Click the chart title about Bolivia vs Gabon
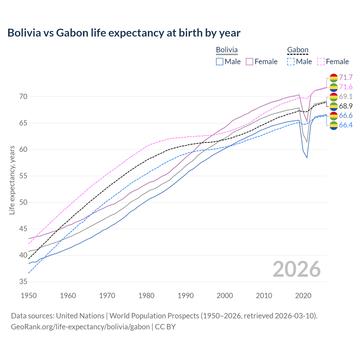124,33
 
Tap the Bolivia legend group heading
227,50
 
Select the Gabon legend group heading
298,50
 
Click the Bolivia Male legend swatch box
220,62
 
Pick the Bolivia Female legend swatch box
249,62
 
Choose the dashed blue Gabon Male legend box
291,62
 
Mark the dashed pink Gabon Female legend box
321,62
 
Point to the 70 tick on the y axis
23,96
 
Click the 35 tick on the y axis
23,282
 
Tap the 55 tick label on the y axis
23,176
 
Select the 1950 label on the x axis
29,296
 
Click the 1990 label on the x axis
186,296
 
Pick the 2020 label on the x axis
303,296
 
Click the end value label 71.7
346,77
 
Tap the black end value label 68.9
346,106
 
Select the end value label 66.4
346,125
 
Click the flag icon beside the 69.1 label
334,97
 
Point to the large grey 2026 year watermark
297,269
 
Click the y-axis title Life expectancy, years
12,180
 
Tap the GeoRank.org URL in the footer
80,327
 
